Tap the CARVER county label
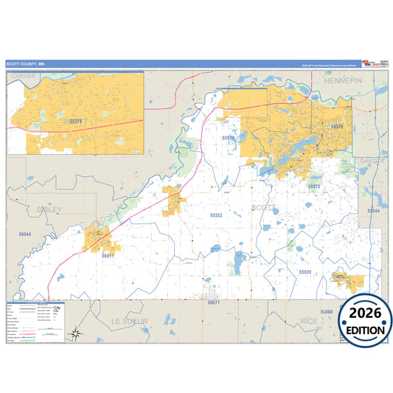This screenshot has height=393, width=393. pos(24,76)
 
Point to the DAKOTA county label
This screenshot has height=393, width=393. pos(372,161)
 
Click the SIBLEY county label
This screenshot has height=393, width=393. pos(49,209)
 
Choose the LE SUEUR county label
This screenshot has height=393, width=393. pos(130,321)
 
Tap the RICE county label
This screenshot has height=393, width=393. pos(309,321)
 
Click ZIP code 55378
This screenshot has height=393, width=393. pos(336,128)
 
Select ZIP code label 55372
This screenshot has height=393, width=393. pos(313,187)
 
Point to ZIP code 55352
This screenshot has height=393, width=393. pos(216,215)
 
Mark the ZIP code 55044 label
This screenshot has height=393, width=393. pos(374,211)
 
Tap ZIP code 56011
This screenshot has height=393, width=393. pos(108,255)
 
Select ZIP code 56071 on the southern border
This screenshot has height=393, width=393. pos(214,303)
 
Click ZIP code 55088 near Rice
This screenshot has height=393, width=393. pos(327,312)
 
